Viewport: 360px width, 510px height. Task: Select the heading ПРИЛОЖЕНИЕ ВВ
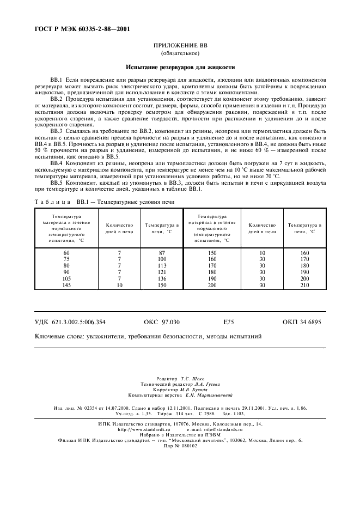coord(180,47)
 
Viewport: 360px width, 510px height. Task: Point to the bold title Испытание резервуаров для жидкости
coord(180,68)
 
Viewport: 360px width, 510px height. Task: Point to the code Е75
coord(229,323)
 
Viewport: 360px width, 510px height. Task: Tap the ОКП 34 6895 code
coord(302,323)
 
